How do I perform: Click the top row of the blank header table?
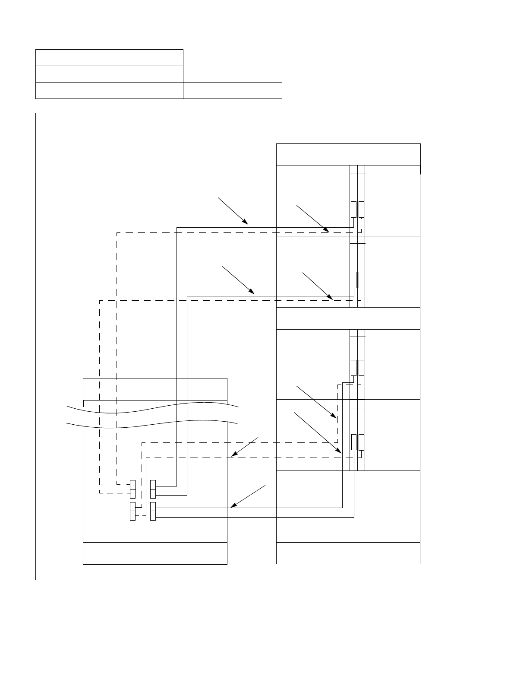(x=109, y=57)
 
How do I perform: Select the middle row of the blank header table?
(x=109, y=74)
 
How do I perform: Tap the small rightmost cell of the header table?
(x=232, y=90)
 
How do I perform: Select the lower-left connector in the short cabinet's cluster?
(x=133, y=512)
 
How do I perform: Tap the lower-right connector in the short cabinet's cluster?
(x=153, y=512)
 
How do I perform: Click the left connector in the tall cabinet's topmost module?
(x=353, y=210)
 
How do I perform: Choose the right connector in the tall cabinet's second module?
(x=361, y=280)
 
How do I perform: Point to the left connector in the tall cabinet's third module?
(x=353, y=368)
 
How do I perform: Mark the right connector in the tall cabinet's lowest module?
(x=361, y=442)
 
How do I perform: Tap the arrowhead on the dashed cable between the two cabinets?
(x=233, y=455)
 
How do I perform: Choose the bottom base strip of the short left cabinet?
(x=155, y=553)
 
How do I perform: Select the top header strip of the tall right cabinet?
(x=348, y=154)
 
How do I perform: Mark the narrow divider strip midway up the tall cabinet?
(x=348, y=318)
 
